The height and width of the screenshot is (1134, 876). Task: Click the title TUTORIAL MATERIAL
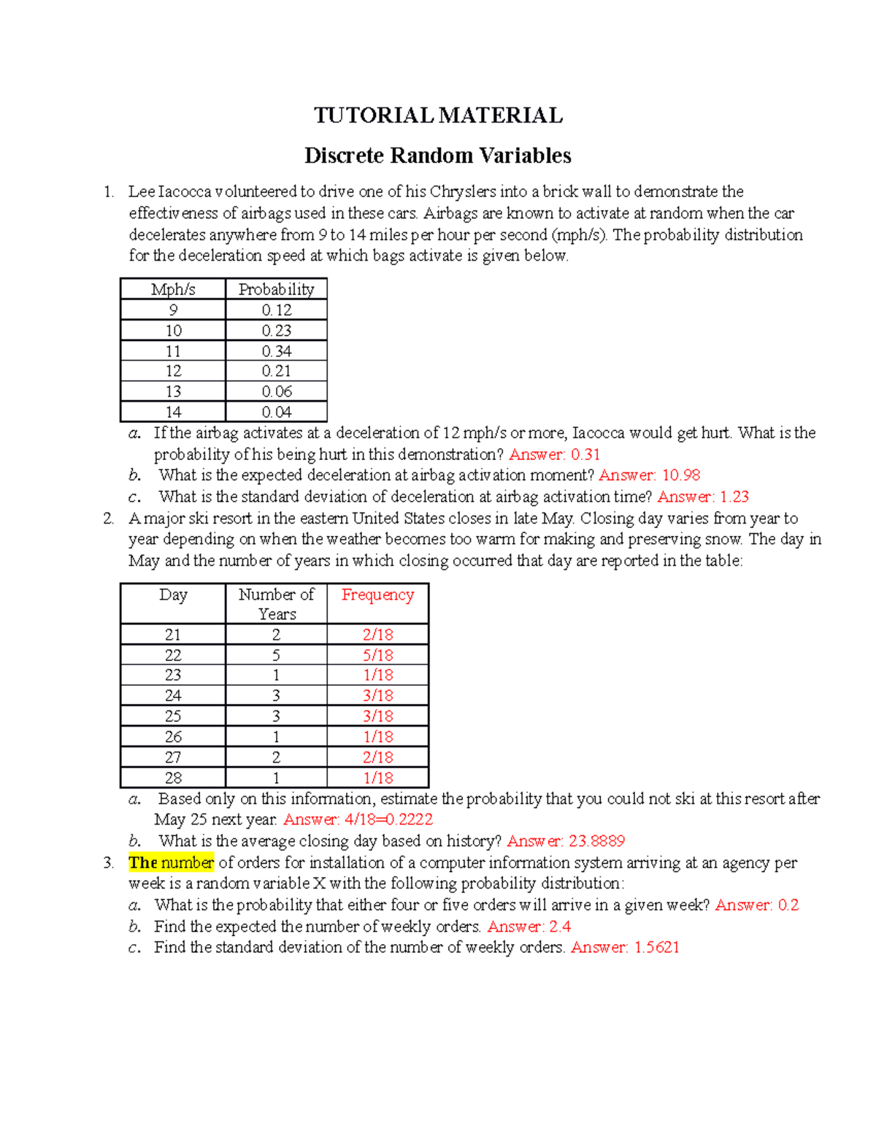[x=438, y=115]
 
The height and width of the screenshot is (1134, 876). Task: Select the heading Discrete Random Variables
[x=437, y=156]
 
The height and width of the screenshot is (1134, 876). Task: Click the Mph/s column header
[x=173, y=289]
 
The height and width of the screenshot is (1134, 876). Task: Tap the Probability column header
[x=276, y=289]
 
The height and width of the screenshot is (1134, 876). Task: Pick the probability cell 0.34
[x=276, y=351]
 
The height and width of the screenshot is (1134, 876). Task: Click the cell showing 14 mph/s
[x=173, y=413]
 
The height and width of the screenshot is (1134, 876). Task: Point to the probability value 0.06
[x=276, y=392]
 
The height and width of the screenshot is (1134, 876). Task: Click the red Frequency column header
[x=377, y=595]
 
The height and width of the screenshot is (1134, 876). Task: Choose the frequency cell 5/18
[x=377, y=656]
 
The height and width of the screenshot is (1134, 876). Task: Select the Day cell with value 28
[x=173, y=778]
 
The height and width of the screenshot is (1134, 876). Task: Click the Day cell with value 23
[x=173, y=675]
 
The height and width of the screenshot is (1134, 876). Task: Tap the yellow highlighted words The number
[x=171, y=862]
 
